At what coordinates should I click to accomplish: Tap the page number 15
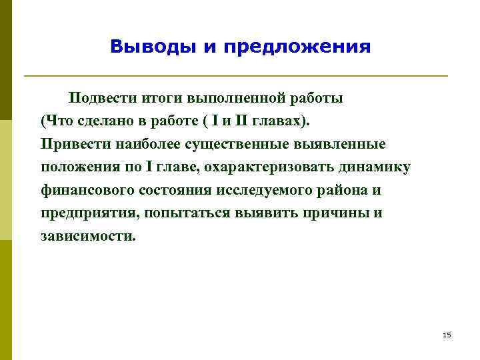tap(447, 335)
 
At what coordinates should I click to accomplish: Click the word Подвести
tap(101, 99)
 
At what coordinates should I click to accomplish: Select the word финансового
tap(87, 190)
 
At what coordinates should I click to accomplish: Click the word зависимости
tap(87, 236)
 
